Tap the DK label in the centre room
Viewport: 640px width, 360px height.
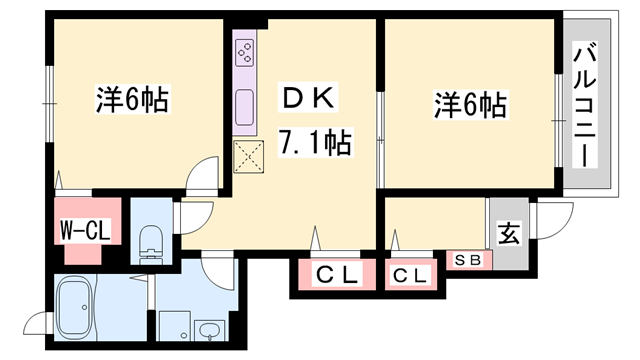[x=309, y=100]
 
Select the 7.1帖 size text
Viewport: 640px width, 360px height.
[x=315, y=144]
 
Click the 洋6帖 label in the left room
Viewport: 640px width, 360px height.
[x=131, y=100]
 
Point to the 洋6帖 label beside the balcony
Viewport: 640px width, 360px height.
[x=468, y=103]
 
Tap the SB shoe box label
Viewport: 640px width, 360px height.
[x=468, y=260]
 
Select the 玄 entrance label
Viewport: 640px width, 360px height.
[x=509, y=236]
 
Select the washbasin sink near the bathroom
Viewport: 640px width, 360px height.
[x=209, y=330]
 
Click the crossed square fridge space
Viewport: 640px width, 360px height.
[x=246, y=156]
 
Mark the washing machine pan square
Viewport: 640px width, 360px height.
[x=171, y=321]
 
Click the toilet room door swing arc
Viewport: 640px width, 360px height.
[x=194, y=214]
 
